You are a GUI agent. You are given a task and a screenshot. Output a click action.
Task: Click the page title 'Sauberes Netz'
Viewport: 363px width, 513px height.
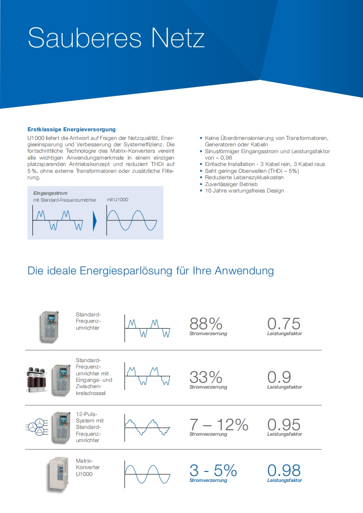(x=116, y=38)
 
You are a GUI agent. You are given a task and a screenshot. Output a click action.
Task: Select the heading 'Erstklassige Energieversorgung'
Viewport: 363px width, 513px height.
(x=71, y=129)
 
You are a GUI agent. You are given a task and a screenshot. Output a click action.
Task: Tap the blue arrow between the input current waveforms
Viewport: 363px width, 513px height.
(x=95, y=221)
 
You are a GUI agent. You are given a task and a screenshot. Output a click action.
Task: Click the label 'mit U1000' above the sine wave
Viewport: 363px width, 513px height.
(x=118, y=200)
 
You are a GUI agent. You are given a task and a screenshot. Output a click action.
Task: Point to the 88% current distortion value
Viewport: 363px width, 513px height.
(x=206, y=324)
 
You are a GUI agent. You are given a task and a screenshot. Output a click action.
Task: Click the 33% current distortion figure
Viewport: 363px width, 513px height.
(x=206, y=377)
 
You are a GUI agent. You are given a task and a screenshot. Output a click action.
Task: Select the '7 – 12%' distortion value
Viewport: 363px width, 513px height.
(x=219, y=425)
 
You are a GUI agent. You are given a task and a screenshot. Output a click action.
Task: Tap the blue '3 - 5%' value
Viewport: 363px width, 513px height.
(x=213, y=470)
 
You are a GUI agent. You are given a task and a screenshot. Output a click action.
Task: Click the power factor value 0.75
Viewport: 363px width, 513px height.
(x=284, y=324)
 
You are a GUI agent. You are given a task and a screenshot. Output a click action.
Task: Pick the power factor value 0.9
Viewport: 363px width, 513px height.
(x=279, y=377)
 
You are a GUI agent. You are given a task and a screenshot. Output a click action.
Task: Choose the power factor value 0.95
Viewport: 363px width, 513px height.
(x=284, y=425)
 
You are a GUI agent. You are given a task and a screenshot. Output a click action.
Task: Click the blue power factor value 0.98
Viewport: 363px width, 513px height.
(x=284, y=470)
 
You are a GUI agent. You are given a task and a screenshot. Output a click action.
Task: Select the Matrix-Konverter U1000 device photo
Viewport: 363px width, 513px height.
(x=58, y=475)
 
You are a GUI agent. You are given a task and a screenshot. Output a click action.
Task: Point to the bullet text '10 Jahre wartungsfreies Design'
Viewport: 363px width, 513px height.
(x=244, y=191)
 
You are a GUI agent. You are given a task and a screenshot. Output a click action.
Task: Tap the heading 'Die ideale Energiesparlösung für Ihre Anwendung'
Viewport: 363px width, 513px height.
(x=151, y=270)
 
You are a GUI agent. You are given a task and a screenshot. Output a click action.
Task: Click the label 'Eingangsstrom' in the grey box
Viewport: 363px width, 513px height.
(x=50, y=193)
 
